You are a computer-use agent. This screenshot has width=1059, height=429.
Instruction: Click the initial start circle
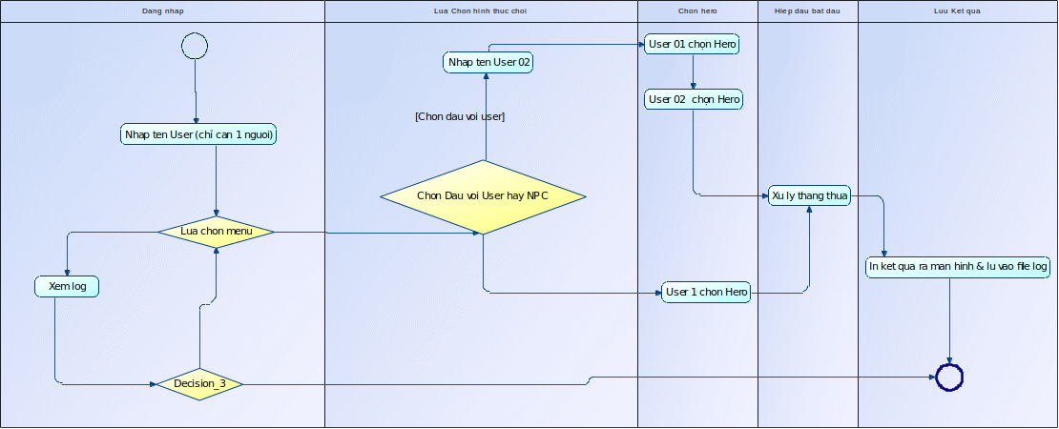pyautogui.click(x=194, y=46)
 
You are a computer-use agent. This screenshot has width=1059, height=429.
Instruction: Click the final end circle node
pyautogui.click(x=950, y=378)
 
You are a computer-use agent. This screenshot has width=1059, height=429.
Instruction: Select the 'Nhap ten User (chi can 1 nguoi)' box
pyautogui.click(x=199, y=134)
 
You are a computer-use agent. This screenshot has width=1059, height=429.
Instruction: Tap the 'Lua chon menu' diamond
pyautogui.click(x=216, y=231)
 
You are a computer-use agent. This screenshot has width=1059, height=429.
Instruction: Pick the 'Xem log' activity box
pyautogui.click(x=67, y=286)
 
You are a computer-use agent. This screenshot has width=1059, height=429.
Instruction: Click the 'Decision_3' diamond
pyautogui.click(x=199, y=384)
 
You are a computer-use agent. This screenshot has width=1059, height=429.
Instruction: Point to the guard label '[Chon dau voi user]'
pyautogui.click(x=460, y=116)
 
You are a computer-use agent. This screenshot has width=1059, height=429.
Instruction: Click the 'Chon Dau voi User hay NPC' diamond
pyautogui.click(x=483, y=196)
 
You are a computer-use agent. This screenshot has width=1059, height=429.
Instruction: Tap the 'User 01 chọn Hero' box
pyautogui.click(x=693, y=44)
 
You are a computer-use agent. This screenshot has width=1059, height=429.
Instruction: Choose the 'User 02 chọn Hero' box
pyautogui.click(x=694, y=99)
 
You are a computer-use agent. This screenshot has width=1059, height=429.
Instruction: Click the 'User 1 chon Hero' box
pyautogui.click(x=706, y=292)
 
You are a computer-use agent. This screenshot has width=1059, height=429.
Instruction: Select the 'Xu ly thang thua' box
pyautogui.click(x=810, y=195)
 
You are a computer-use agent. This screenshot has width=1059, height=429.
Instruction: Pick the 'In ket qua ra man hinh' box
pyautogui.click(x=958, y=267)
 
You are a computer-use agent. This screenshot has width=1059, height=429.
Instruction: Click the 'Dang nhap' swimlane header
pyautogui.click(x=162, y=10)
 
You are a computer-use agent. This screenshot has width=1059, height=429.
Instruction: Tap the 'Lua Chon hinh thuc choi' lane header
pyautogui.click(x=481, y=10)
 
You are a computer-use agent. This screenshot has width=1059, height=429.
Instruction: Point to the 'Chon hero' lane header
pyautogui.click(x=696, y=10)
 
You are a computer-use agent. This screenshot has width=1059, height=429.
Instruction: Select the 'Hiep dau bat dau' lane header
pyautogui.click(x=807, y=10)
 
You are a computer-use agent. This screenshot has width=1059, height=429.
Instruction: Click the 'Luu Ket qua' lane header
pyautogui.click(x=957, y=10)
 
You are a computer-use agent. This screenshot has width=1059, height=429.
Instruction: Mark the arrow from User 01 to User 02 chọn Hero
pyautogui.click(x=694, y=71)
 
